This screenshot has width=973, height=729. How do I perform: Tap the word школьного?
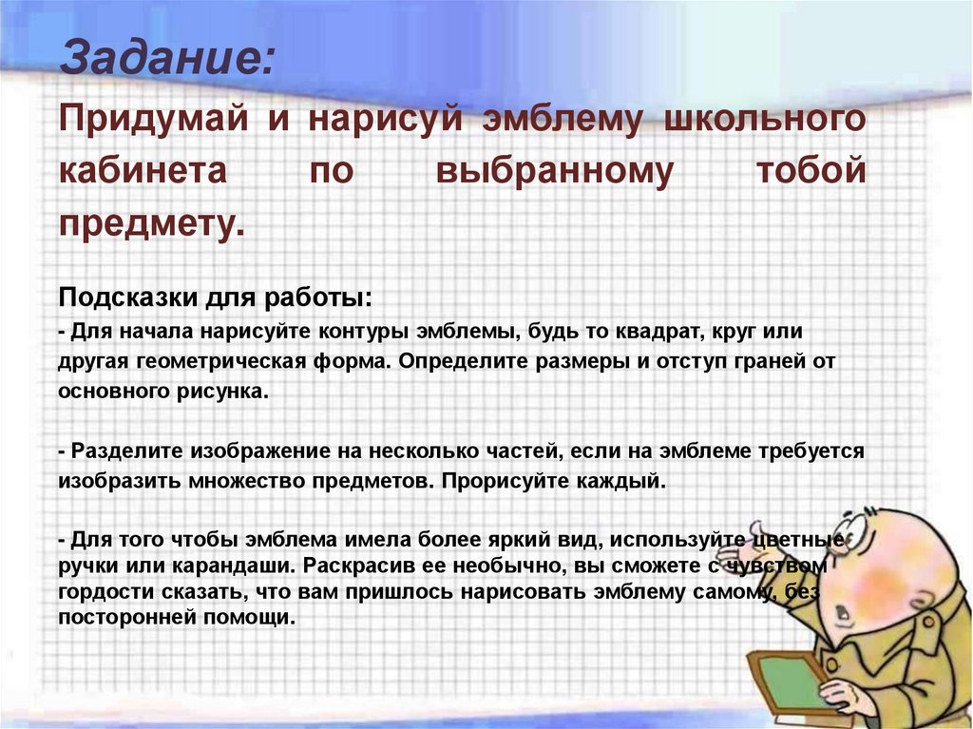click(x=765, y=118)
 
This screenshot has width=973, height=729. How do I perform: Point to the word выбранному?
click(x=555, y=171)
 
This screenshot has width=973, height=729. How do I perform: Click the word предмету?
click(x=151, y=225)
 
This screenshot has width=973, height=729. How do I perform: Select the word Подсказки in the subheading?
click(x=128, y=297)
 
